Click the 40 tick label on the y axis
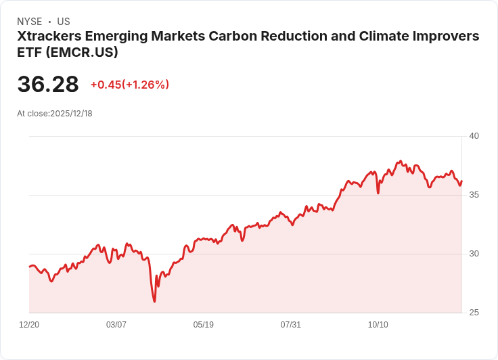click(474, 136)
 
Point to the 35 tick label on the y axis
click(474, 195)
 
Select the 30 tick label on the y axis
click(474, 254)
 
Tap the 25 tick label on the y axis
click(474, 313)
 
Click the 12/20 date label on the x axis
click(29, 325)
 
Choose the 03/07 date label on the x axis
click(116, 325)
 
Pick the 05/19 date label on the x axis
click(204, 325)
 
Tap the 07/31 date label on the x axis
click(291, 325)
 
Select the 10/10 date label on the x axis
click(378, 325)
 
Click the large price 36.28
click(48, 85)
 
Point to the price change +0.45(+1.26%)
click(130, 85)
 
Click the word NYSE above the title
click(30, 22)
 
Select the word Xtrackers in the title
click(51, 36)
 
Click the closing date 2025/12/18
click(71, 114)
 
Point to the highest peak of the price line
click(401, 161)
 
